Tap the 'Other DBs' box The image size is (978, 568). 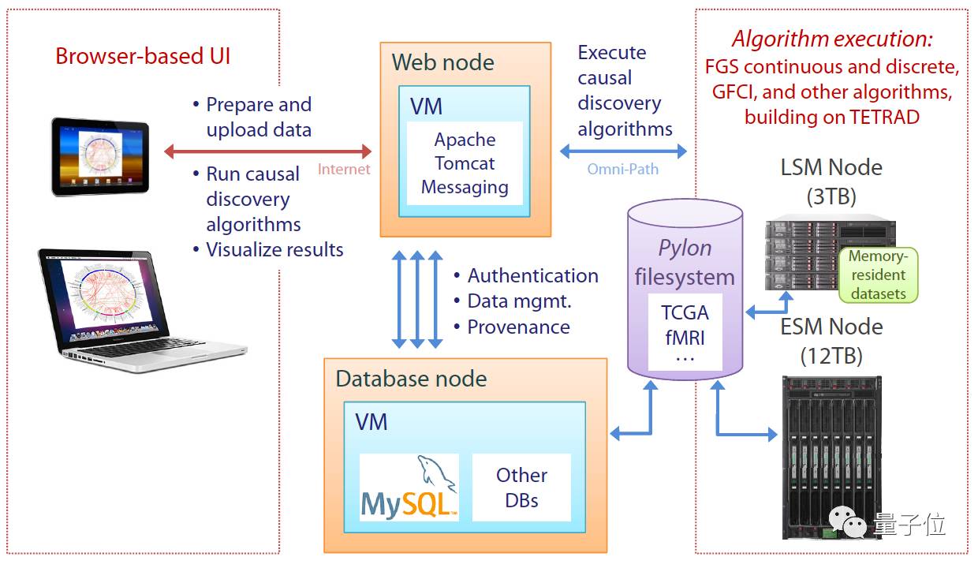pos(521,487)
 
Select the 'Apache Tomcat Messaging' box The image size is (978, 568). pos(465,163)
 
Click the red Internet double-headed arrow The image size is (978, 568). pos(267,151)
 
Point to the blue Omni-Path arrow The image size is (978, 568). pos(623,151)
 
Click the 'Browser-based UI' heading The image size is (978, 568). pos(143,57)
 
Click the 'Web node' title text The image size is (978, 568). pos(443,62)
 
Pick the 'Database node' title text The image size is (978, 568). pos(411,379)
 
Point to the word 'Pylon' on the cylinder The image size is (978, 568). pos(685,248)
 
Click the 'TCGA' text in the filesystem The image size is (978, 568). pos(685,312)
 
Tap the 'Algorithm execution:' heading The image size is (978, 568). pos(832,39)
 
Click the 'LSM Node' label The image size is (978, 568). pos(831,167)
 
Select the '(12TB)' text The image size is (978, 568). pos(831,355)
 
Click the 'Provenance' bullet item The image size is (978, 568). pos(518,327)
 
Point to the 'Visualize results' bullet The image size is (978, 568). pos(274,250)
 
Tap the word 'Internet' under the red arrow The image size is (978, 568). pos(344,169)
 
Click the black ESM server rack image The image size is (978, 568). pos(830,453)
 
